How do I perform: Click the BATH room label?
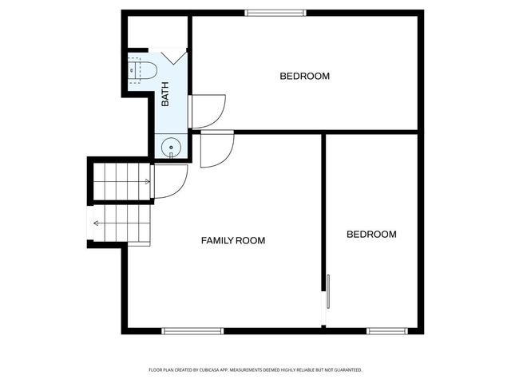coord(166,94)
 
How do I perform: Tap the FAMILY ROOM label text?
coord(232,240)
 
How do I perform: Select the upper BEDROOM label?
coord(304,77)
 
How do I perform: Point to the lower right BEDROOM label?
coord(371,235)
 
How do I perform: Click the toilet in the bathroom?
coord(142,70)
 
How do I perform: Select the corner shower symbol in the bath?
coord(174,58)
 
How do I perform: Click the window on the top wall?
coord(275,12)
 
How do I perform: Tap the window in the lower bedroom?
coord(386,330)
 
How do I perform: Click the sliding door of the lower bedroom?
coord(326,293)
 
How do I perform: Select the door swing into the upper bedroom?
coord(207,111)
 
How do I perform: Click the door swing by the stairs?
coord(168,181)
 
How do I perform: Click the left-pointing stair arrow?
coord(97,223)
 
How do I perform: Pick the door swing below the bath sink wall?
coord(216,149)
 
